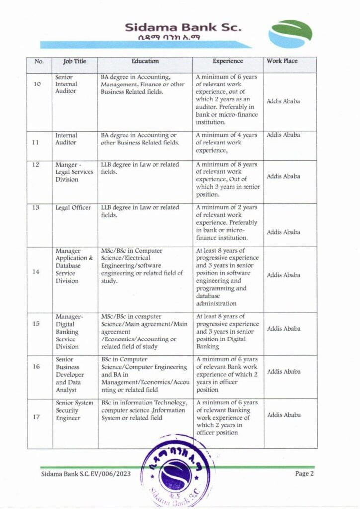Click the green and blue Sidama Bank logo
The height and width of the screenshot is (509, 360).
[290, 34]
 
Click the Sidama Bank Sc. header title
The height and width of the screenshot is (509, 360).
[183, 27]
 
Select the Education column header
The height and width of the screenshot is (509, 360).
[145, 61]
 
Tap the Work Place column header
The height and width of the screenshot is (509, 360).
[282, 61]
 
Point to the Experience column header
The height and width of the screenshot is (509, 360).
[228, 61]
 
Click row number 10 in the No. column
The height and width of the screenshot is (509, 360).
[37, 84]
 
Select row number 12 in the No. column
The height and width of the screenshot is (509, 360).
[37, 165]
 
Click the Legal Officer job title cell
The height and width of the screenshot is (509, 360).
[73, 208]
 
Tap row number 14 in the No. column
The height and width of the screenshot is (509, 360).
[37, 272]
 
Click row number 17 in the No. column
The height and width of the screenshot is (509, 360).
[37, 417]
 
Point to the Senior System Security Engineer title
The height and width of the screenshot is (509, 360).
[74, 410]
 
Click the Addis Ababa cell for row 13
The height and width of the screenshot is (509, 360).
[283, 232]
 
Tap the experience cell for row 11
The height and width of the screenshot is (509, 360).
[227, 142]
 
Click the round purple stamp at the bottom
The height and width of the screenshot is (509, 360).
[178, 471]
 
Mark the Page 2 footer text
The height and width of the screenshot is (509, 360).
[304, 474]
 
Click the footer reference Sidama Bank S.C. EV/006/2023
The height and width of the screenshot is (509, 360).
[80, 474]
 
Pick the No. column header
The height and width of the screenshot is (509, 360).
[39, 62]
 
